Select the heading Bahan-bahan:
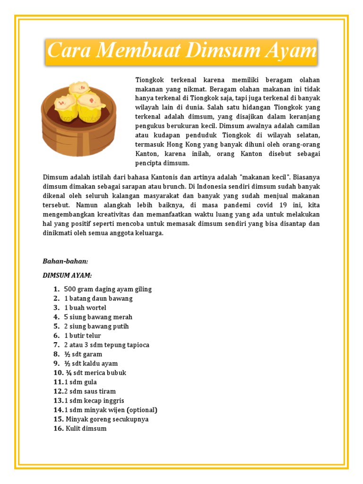[66, 261]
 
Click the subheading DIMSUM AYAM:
[67, 275]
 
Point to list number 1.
[56, 289]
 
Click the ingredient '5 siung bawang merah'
[98, 317]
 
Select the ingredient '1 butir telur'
[83, 336]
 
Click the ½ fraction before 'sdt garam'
[67, 354]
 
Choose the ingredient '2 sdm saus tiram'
[90, 391]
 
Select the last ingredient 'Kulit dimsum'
[86, 429]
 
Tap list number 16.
[58, 429]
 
